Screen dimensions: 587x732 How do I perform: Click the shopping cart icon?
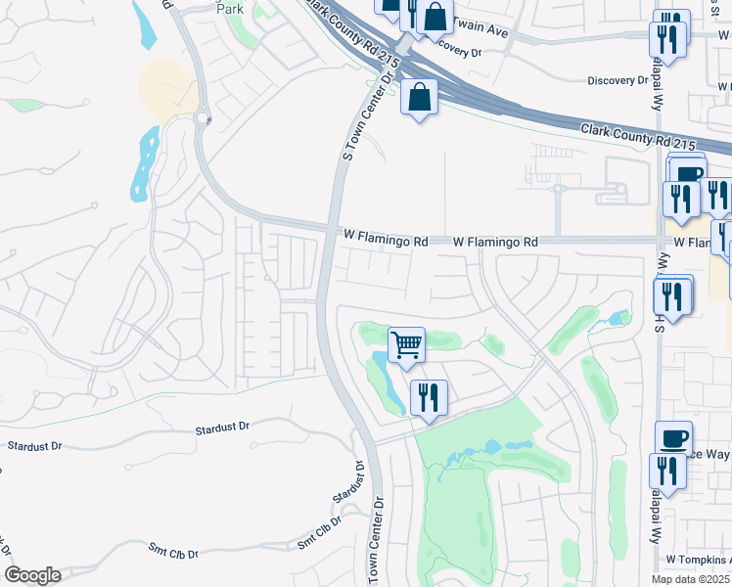(x=406, y=345)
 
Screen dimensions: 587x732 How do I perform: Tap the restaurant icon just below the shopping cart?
(x=428, y=397)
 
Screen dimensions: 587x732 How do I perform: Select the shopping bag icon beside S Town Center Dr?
(x=420, y=98)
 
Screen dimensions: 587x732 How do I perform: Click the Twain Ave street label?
(x=483, y=31)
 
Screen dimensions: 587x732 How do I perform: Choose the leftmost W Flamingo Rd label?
(x=387, y=240)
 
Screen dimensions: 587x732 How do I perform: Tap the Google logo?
(x=32, y=575)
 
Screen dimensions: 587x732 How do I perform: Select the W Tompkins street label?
(x=697, y=559)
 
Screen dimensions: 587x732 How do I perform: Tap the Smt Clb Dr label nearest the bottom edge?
(x=172, y=554)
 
